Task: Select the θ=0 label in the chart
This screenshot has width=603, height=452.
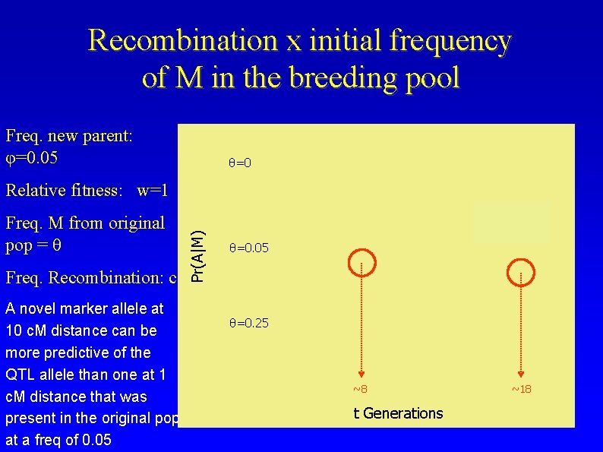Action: [x=240, y=163]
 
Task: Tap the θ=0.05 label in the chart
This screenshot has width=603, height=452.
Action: [x=248, y=248]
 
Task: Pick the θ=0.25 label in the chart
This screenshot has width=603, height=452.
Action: [x=248, y=324]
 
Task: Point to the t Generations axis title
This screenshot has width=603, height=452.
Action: [x=398, y=413]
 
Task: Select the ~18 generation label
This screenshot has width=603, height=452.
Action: [x=520, y=390]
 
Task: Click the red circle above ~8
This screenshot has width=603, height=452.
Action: [x=362, y=262]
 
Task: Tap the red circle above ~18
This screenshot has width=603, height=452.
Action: [x=520, y=269]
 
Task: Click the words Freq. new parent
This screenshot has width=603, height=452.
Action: [x=69, y=136]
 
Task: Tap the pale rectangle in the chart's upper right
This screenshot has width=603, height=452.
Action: [x=512, y=222]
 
